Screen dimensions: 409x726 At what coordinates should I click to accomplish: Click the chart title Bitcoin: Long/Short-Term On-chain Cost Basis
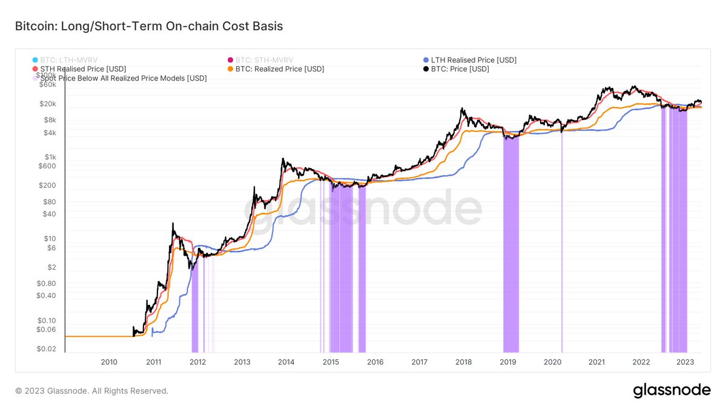[149, 27]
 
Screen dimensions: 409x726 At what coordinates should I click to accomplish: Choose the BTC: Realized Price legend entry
[279, 69]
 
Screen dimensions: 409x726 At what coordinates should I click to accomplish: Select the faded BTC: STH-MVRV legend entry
[264, 60]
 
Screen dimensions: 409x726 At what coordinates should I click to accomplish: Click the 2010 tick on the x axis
[109, 362]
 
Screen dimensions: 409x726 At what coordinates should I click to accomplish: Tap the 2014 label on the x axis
[286, 362]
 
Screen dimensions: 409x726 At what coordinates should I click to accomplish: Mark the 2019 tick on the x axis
[508, 362]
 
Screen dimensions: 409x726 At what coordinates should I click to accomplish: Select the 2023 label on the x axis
[685, 362]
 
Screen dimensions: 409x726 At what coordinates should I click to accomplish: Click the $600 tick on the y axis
[47, 165]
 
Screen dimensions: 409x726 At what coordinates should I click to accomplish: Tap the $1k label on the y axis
[50, 156]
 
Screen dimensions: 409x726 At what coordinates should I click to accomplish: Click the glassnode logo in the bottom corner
[672, 391]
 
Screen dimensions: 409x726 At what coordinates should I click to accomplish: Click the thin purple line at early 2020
[561, 242]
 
